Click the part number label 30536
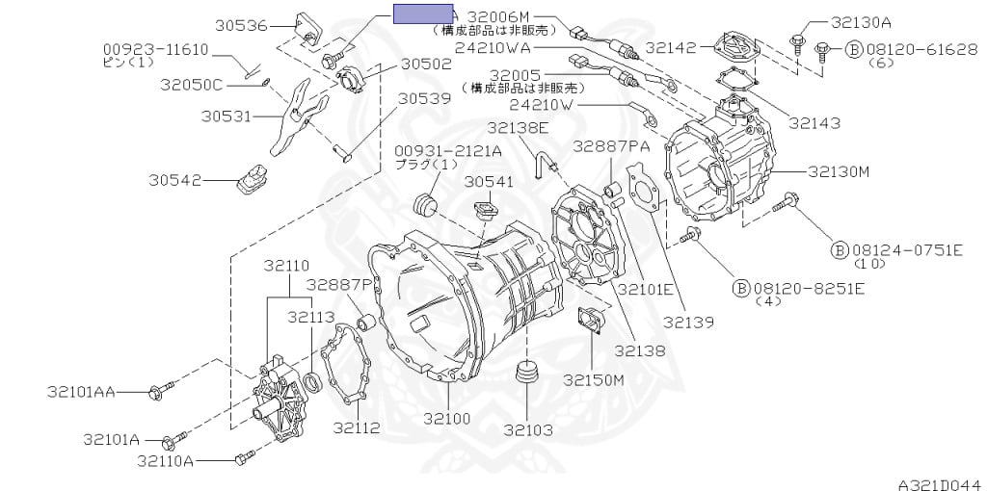pos(241,26)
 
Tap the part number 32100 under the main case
pos(448,419)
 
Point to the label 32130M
pos(839,172)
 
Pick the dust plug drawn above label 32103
pos(526,372)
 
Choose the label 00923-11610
pos(155,48)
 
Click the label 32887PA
pos(611,145)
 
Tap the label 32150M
pos(594,379)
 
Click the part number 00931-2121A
pos(448,150)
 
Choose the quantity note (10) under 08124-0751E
pos(869,264)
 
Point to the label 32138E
pos(518,126)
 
